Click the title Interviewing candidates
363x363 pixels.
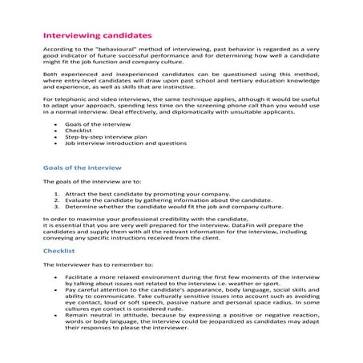coord(95,36)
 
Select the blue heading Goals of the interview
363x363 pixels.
coord(81,167)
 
